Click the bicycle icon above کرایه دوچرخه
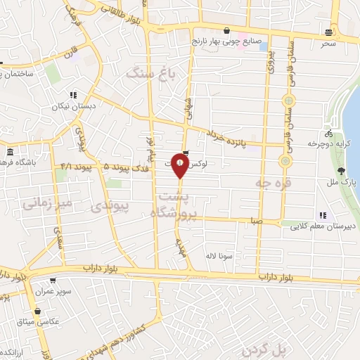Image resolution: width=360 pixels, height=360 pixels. [x=328, y=131]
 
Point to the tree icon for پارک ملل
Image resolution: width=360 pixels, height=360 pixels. [x=341, y=171]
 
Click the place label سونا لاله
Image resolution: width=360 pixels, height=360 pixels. [x=216, y=257]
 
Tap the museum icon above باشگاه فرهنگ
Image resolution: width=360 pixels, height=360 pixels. [x=10, y=153]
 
